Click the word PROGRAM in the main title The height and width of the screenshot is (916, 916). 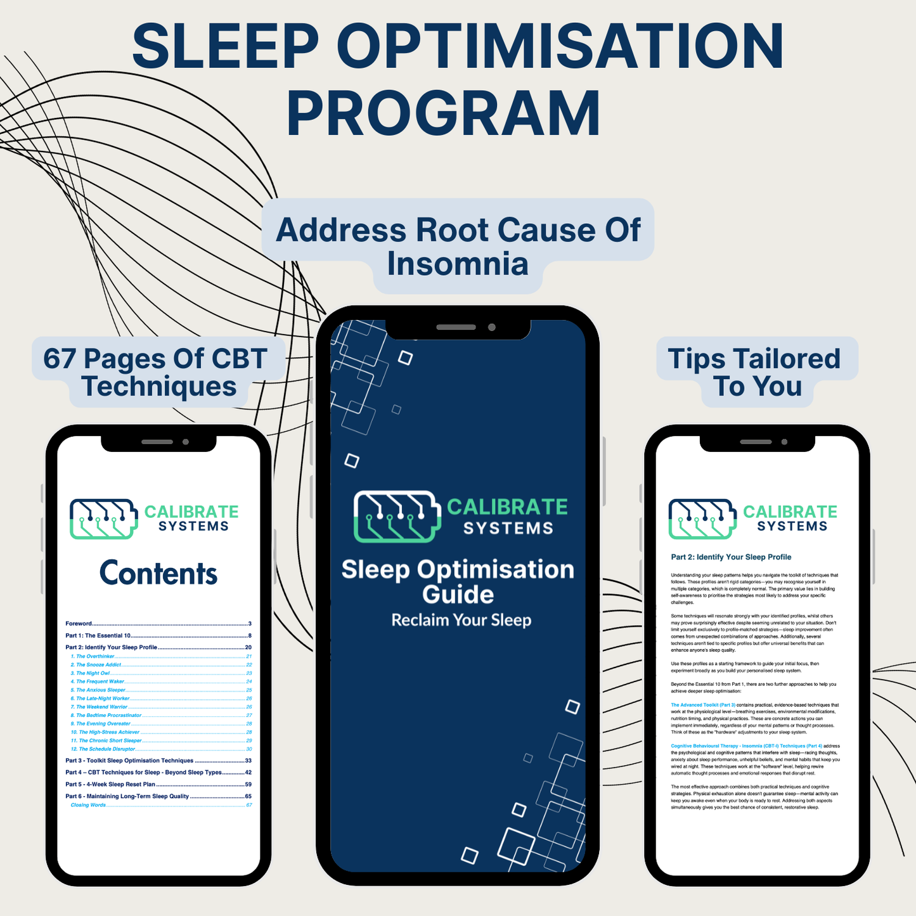coord(444,114)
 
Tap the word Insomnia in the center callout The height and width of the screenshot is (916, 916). coord(458,264)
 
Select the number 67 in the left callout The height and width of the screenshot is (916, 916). coord(60,359)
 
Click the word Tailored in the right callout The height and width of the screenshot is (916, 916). coord(787,359)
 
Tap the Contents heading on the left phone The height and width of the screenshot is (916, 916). coord(158,573)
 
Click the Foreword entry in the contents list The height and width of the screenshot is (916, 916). coord(79,624)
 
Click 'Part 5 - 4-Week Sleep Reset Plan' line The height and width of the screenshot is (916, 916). coord(110,784)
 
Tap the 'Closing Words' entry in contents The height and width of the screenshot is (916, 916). coord(88,805)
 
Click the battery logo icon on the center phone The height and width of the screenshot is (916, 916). coord(397,516)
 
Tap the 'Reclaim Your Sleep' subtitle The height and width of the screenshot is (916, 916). coord(461,620)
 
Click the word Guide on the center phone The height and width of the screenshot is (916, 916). coord(458,595)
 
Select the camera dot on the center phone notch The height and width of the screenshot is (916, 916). coord(491,327)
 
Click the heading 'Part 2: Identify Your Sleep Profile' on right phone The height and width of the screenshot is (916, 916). coord(731,557)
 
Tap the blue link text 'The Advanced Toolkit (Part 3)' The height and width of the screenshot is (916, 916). coord(703,705)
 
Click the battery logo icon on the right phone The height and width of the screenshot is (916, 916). coord(702,519)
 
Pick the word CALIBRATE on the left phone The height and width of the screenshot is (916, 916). coord(191,512)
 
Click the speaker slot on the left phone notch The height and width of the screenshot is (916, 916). coord(157,442)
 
